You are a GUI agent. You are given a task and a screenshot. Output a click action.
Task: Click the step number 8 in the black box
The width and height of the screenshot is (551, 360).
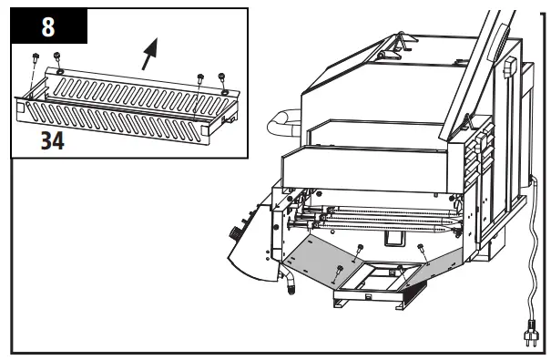48,26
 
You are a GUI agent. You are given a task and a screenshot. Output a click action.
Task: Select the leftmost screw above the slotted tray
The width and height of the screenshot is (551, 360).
34,57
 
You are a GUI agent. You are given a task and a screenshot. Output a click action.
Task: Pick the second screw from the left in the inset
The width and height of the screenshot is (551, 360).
56,58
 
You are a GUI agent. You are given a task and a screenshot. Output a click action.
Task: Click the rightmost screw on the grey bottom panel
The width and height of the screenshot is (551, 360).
420,247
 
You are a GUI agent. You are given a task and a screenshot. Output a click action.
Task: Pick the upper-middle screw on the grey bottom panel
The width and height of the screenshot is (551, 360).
359,247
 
